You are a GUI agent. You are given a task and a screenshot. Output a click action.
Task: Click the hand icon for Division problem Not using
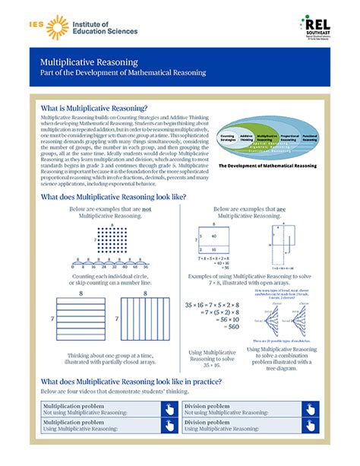pos(310,410)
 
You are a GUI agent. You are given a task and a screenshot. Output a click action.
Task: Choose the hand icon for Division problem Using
pos(310,426)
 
